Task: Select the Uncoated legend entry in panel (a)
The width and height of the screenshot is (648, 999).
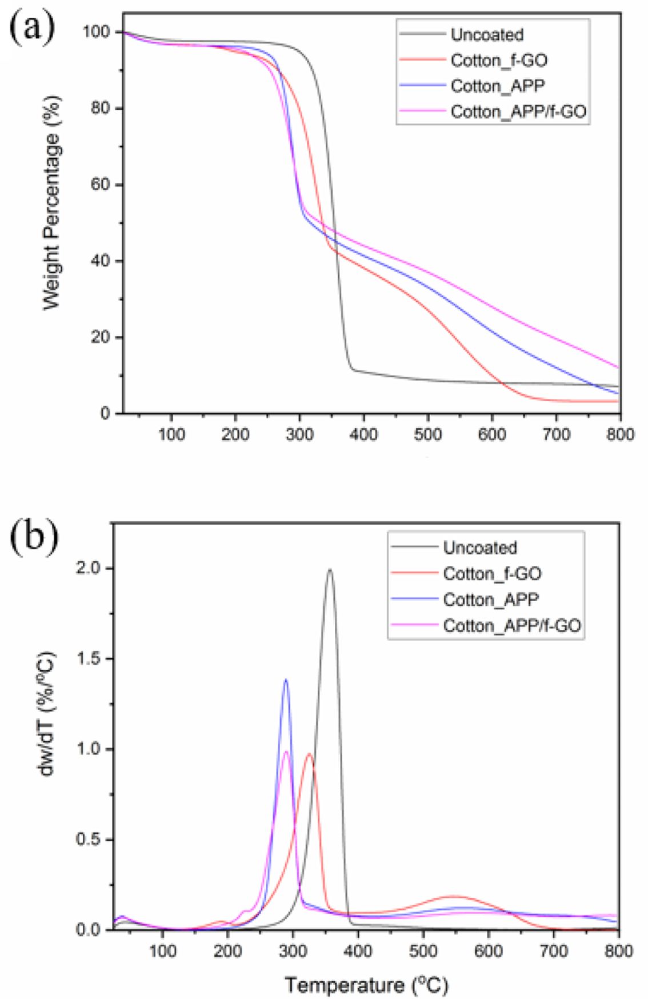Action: [486, 35]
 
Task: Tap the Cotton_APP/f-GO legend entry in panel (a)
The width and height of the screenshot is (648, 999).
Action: [518, 111]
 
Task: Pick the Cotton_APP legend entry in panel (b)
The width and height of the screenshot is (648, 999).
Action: [490, 600]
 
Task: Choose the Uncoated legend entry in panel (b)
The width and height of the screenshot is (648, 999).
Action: [479, 548]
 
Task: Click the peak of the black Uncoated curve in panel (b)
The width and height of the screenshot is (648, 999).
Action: [330, 569]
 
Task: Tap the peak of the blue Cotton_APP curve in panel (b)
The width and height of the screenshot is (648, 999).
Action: [286, 680]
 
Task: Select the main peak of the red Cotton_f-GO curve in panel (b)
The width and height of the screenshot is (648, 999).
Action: [309, 754]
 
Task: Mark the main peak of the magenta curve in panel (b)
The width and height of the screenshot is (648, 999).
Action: [286, 752]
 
